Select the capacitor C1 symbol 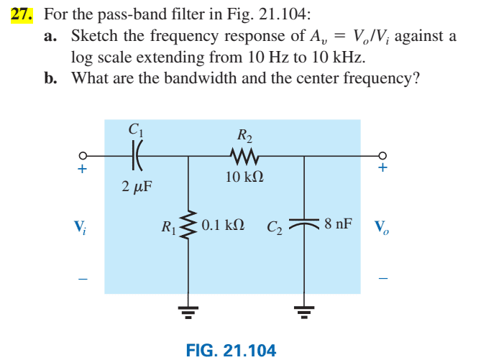[x=137, y=153]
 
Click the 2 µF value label [x=137, y=187]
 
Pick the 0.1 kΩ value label [x=223, y=224]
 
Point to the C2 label [x=275, y=229]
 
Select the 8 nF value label [x=338, y=223]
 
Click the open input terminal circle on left [x=83, y=154]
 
